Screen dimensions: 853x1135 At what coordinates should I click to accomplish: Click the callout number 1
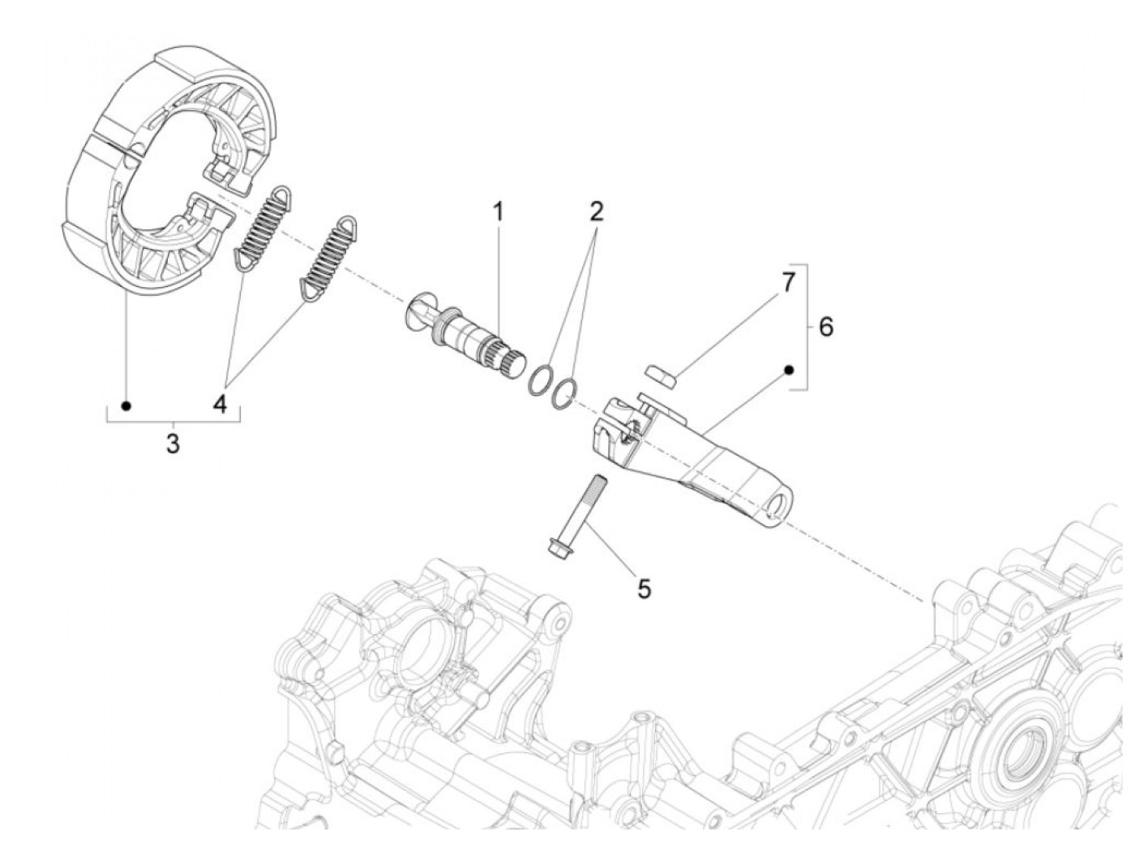[x=498, y=212]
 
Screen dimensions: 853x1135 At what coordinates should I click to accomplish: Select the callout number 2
[x=597, y=212]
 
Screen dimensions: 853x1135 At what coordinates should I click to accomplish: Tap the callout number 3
[x=173, y=444]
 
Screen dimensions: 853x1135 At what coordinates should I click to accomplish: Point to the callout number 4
[x=221, y=404]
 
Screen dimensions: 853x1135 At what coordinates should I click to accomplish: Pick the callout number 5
[x=644, y=589]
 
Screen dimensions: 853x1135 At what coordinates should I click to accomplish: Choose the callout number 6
[x=825, y=327]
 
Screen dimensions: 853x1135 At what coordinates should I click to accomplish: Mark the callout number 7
[x=788, y=282]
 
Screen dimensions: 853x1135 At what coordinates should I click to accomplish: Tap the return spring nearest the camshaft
[x=328, y=258]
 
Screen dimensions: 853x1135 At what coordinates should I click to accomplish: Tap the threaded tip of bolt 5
[x=599, y=482]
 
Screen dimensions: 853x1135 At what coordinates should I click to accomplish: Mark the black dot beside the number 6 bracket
[x=788, y=370]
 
